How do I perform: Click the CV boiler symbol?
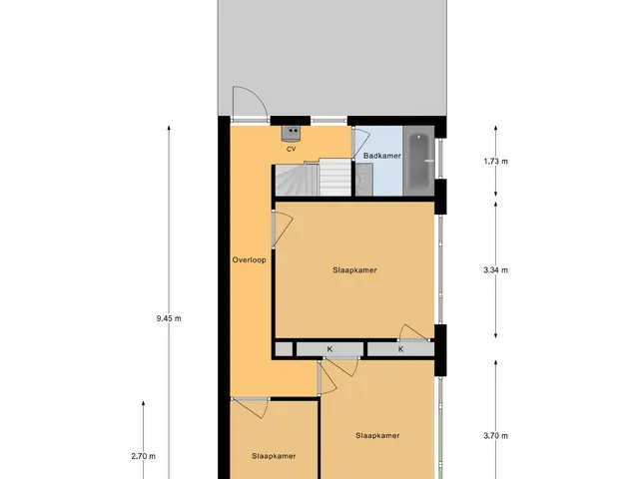point(291,133)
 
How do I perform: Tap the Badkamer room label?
point(381,156)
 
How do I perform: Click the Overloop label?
point(249,259)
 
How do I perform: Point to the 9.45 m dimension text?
point(169,318)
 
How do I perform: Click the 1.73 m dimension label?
point(496,162)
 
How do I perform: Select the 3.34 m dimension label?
point(496,270)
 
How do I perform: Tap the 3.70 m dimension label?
point(496,436)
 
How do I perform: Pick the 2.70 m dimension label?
point(144,456)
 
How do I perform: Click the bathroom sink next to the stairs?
point(363,180)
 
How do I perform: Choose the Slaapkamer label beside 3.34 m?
point(354,270)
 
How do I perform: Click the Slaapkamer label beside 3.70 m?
point(377,435)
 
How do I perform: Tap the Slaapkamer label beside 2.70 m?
point(274,456)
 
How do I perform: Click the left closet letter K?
point(329,349)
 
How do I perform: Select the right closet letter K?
point(401,349)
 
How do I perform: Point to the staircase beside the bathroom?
point(313,178)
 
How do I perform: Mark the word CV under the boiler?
point(291,149)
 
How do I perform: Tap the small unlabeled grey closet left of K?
point(284,349)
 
